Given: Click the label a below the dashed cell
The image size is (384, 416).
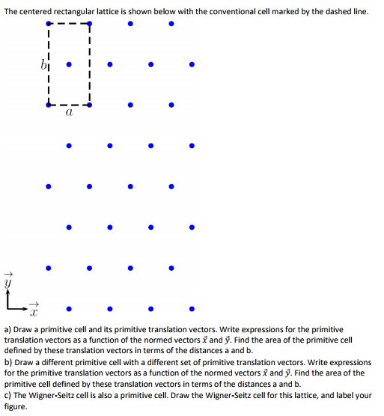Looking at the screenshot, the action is [x=68, y=114].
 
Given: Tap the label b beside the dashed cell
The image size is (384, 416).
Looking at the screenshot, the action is [x=44, y=63].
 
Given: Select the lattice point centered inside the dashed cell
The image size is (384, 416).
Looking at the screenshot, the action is [x=69, y=64].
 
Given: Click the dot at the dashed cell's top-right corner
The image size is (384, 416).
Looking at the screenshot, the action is [x=90, y=23].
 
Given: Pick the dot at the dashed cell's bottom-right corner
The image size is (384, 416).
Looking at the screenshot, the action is [x=90, y=105].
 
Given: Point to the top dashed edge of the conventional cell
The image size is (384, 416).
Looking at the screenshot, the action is [x=68, y=23].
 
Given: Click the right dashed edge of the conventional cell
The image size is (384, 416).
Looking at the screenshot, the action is [x=90, y=64].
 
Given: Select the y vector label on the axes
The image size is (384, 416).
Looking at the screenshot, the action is [x=10, y=281].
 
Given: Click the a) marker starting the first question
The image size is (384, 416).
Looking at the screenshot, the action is [x=8, y=329].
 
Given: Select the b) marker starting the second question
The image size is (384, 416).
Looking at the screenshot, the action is [x=8, y=362].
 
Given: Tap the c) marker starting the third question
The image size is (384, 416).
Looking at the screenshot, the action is [x=8, y=395].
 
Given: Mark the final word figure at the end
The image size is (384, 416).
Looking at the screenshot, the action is [x=15, y=406].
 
